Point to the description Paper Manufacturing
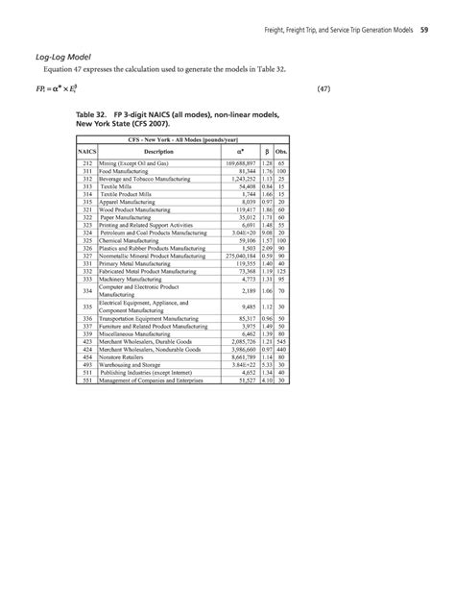coord(142,218)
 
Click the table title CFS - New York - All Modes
coord(182,140)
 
